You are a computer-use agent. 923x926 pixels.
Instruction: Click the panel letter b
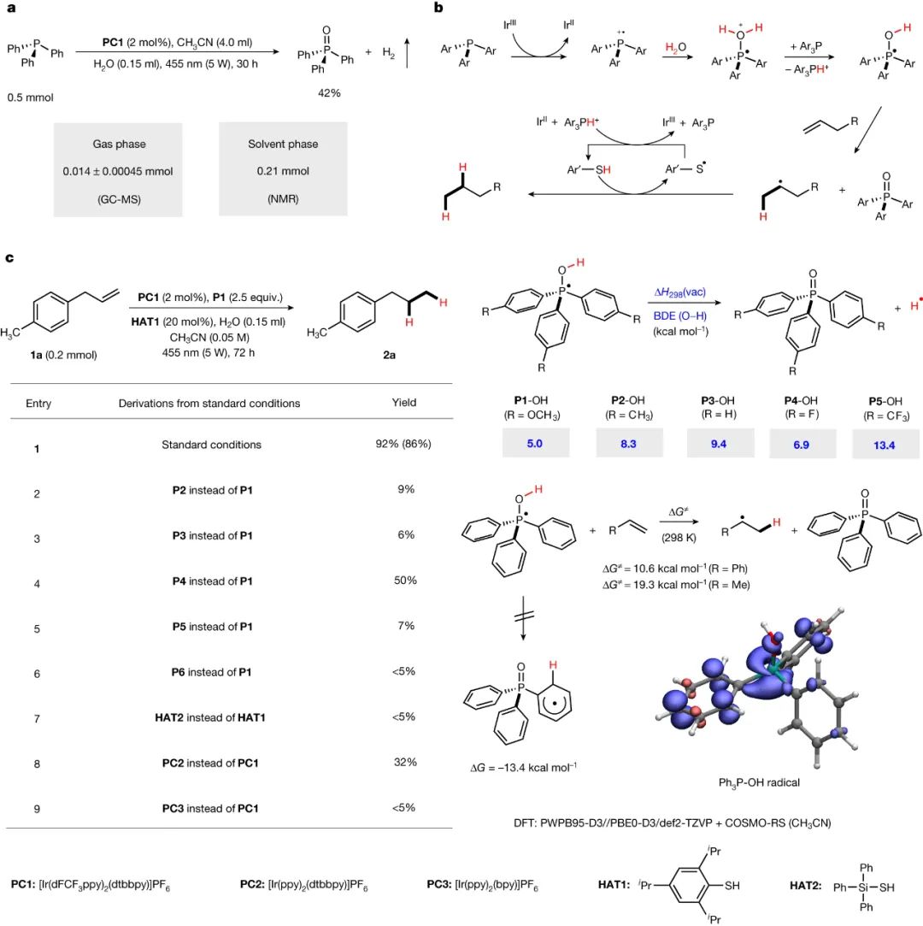point(438,8)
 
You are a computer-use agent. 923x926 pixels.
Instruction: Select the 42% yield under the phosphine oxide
point(329,93)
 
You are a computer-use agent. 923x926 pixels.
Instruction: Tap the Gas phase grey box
point(118,170)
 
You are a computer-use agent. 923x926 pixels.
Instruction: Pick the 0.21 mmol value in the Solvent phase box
point(283,171)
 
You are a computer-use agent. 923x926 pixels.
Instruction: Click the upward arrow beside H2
point(407,52)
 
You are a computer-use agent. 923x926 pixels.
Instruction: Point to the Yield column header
point(403,403)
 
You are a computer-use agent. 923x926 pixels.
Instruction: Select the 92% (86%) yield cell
point(403,444)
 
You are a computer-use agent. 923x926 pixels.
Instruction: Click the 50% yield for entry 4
point(405,581)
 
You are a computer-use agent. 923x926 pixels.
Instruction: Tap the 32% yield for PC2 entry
point(405,763)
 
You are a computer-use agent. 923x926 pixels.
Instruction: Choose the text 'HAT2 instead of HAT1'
point(210,717)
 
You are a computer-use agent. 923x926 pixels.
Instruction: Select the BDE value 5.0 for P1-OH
point(535,444)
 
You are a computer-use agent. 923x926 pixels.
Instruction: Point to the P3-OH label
point(718,400)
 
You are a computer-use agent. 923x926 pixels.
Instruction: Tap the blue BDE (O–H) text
point(679,316)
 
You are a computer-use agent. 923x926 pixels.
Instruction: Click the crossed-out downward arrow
point(524,617)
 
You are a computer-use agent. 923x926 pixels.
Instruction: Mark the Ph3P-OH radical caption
point(759,782)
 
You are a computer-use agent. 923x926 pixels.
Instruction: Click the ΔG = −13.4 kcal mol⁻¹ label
point(524,768)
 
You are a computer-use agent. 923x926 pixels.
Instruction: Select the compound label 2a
point(389,355)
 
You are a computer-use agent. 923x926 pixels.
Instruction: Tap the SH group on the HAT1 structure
point(732,885)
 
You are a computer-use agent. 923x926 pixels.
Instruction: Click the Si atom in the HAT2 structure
point(866,887)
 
